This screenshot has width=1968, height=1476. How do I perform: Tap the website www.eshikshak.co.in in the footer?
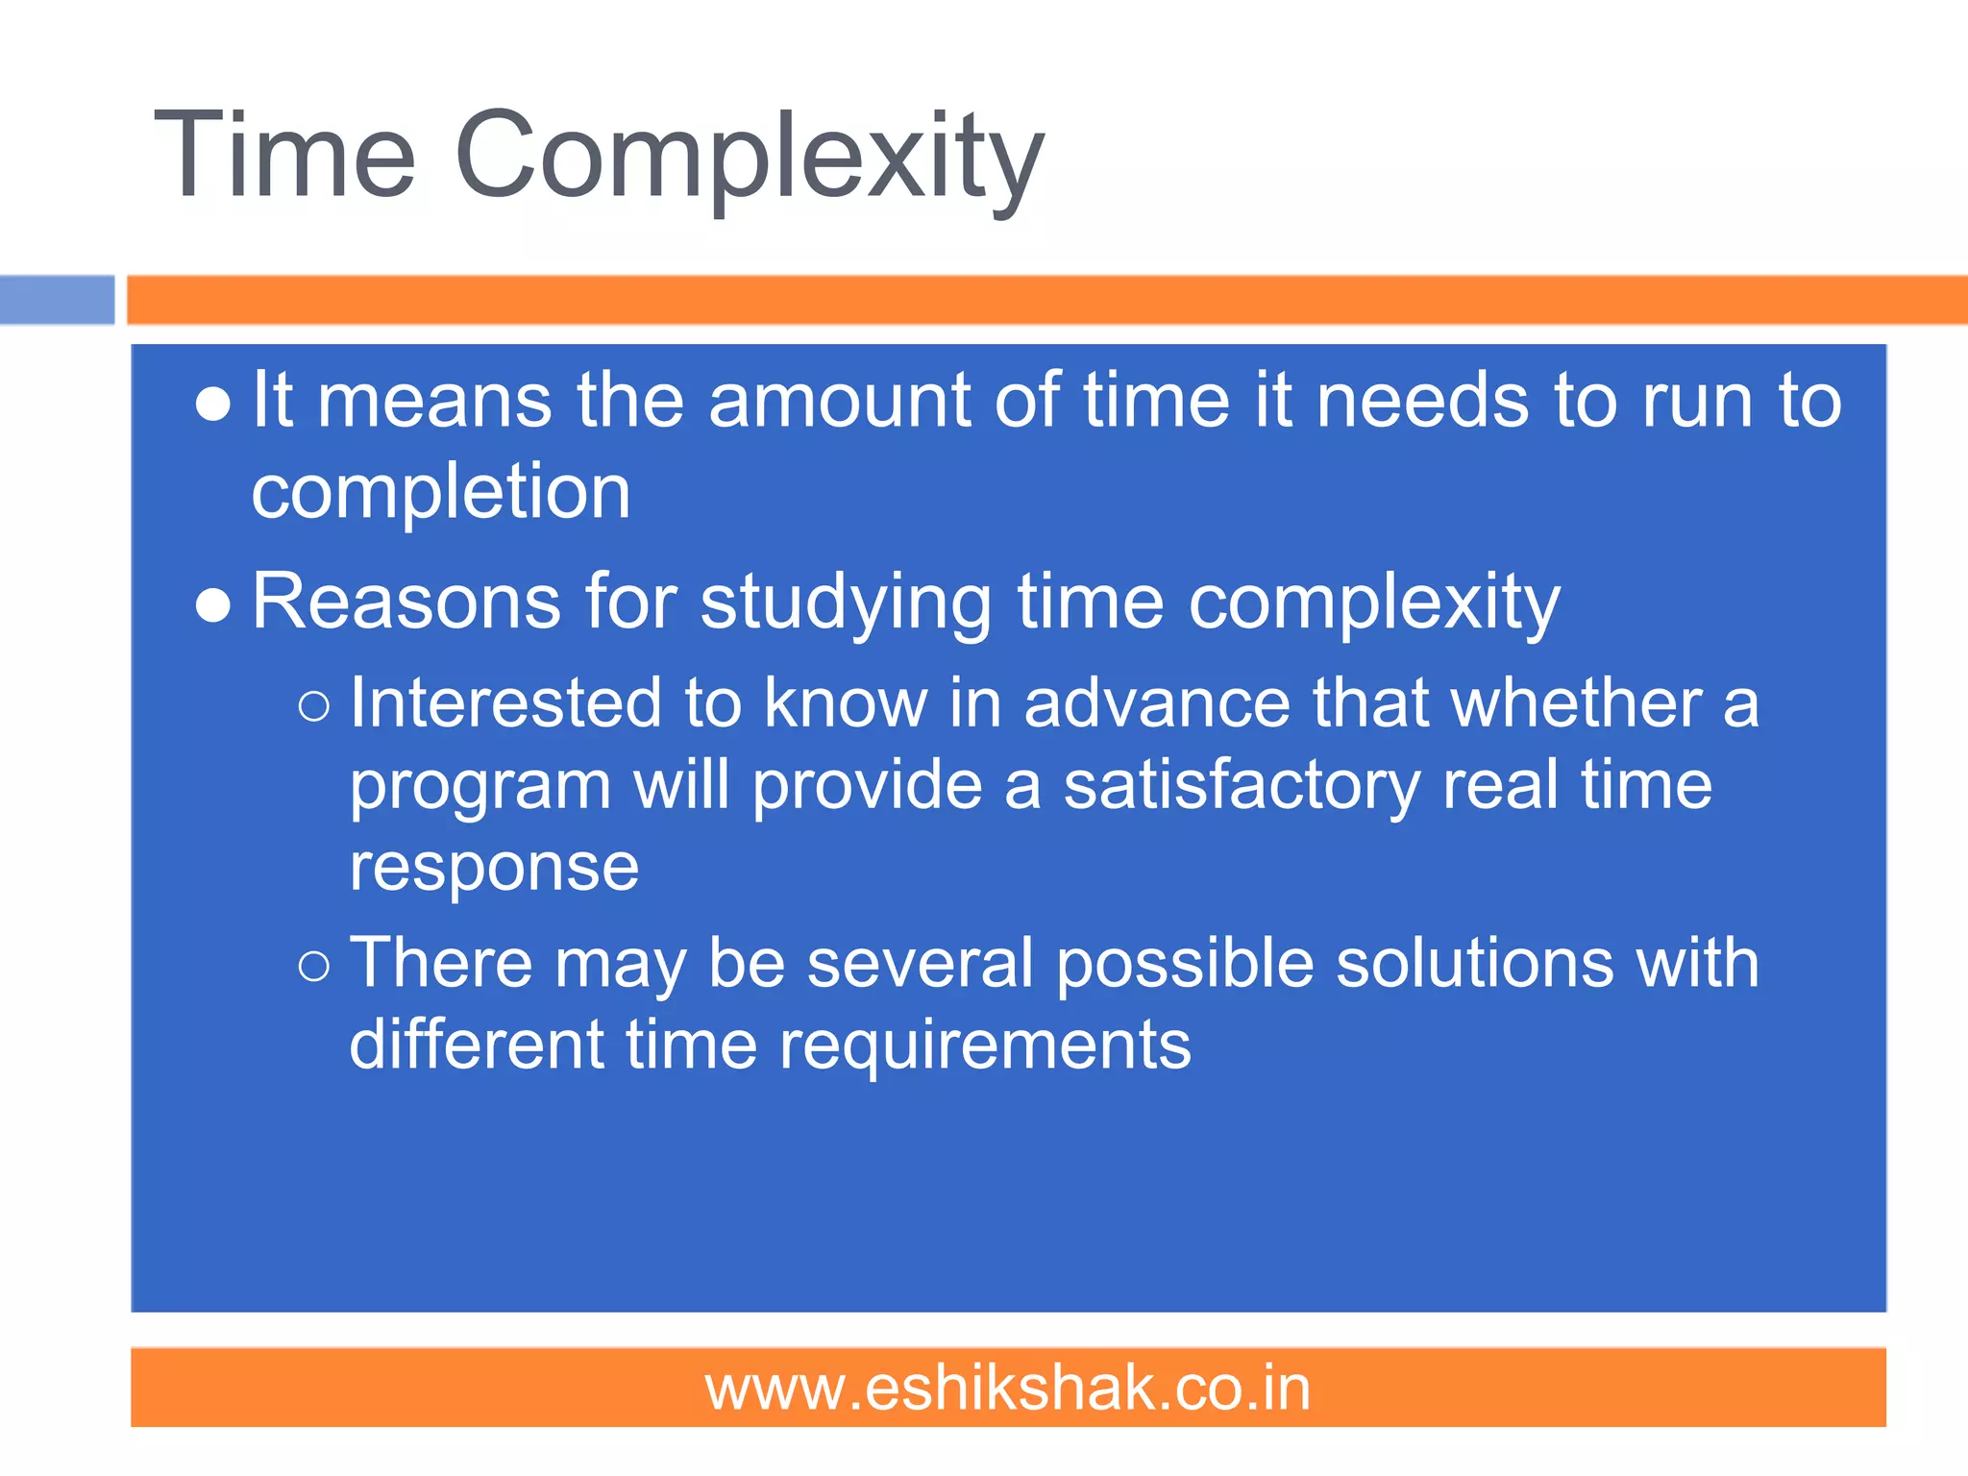click(x=1008, y=1389)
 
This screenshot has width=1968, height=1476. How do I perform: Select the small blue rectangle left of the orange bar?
click(x=57, y=300)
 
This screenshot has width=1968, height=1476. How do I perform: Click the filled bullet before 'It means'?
click(x=212, y=405)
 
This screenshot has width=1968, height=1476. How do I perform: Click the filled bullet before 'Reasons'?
click(x=212, y=606)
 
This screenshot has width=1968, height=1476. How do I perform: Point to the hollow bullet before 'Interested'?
click(x=314, y=707)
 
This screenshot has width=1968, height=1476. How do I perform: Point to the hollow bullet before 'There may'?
click(x=314, y=966)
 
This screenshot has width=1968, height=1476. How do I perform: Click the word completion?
click(x=441, y=493)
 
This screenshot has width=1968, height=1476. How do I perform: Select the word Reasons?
click(x=406, y=603)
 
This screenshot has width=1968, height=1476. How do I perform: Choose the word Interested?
click(x=505, y=702)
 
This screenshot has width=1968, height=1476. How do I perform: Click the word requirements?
click(x=985, y=1045)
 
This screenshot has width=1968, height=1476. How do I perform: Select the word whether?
click(x=1576, y=702)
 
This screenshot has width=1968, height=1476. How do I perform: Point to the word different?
click(x=477, y=1045)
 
